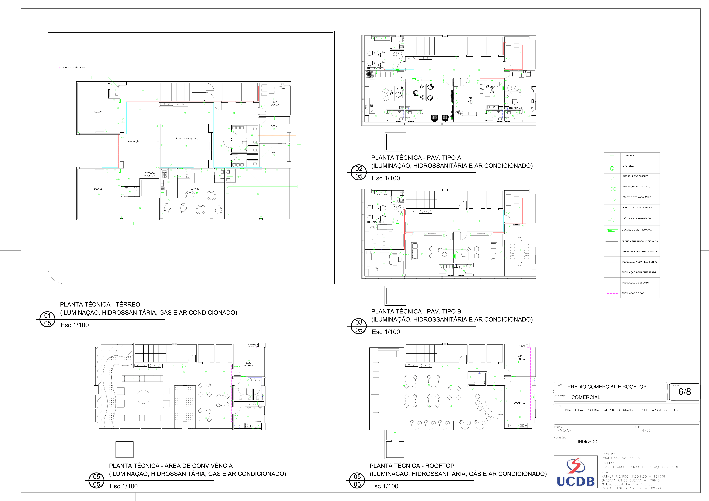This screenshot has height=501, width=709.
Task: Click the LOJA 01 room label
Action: pos(98,112)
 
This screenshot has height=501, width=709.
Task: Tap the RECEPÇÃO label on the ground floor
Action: pos(134,141)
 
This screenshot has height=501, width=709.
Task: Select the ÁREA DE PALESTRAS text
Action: pos(186,139)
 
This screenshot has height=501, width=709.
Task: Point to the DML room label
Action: pos(274,153)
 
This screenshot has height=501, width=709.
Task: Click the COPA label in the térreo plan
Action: pos(274,126)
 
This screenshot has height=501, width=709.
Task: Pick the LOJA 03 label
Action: pos(195,189)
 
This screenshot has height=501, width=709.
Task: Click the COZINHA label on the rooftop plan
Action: pos(519,403)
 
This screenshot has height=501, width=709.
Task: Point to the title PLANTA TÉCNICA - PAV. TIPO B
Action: pos(416,311)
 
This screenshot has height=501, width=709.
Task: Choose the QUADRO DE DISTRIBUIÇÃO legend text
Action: pos(636,230)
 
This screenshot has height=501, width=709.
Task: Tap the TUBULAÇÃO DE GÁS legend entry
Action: pos(633,293)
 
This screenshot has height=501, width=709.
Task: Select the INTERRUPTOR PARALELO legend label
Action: pos(636,187)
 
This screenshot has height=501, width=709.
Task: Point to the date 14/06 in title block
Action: pos(645,431)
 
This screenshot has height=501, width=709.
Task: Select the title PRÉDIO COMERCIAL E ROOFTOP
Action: pos(606,387)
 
